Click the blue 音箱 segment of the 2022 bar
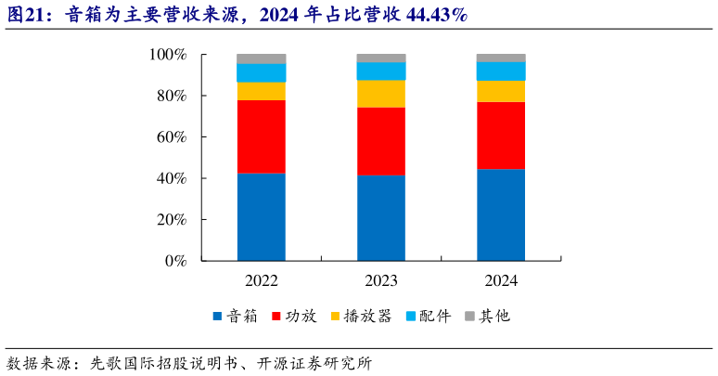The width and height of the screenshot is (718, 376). click(261, 216)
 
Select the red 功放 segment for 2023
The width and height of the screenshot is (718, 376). click(381, 141)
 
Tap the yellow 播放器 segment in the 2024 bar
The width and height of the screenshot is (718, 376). click(501, 91)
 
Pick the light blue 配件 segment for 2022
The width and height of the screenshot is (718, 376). click(261, 72)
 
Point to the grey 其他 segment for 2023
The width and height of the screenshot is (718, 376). click(381, 58)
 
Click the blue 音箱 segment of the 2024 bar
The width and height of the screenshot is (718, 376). click(501, 214)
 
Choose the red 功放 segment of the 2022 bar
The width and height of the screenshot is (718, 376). click(261, 136)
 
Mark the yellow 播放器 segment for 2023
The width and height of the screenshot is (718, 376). click(381, 94)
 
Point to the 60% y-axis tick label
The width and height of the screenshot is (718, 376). click(171, 137)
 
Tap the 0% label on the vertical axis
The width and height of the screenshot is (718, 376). click(175, 261)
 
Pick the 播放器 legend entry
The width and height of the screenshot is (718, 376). click(365, 316)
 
